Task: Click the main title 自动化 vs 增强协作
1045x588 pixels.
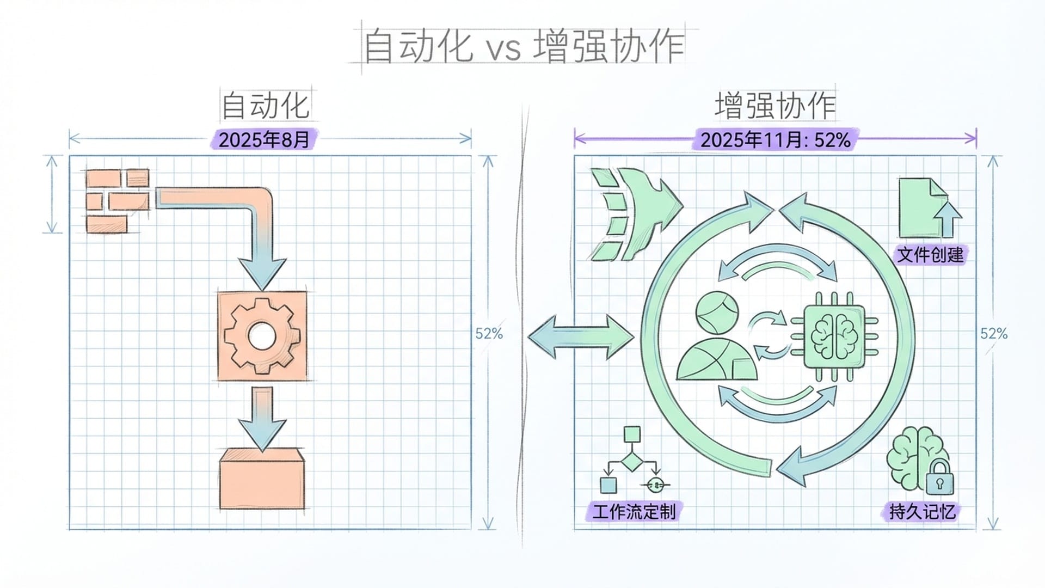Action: pos(522,46)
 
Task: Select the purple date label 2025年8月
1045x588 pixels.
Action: pos(264,140)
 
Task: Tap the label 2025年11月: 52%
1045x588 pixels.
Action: pos(775,140)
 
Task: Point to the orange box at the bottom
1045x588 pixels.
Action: pos(262,479)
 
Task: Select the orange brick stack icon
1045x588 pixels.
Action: pos(117,200)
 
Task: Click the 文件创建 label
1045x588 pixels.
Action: pos(930,254)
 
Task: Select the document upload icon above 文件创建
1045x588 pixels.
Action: pos(929,208)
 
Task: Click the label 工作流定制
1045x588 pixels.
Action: pos(634,512)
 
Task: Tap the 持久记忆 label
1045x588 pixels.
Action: pos(922,512)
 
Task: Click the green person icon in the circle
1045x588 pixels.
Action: pos(715,338)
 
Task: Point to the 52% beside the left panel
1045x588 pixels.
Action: pos(489,334)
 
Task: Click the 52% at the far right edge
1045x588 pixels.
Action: pos(994,334)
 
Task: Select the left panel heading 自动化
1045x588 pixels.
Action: pos(266,106)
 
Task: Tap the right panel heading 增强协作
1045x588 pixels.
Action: pos(775,106)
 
